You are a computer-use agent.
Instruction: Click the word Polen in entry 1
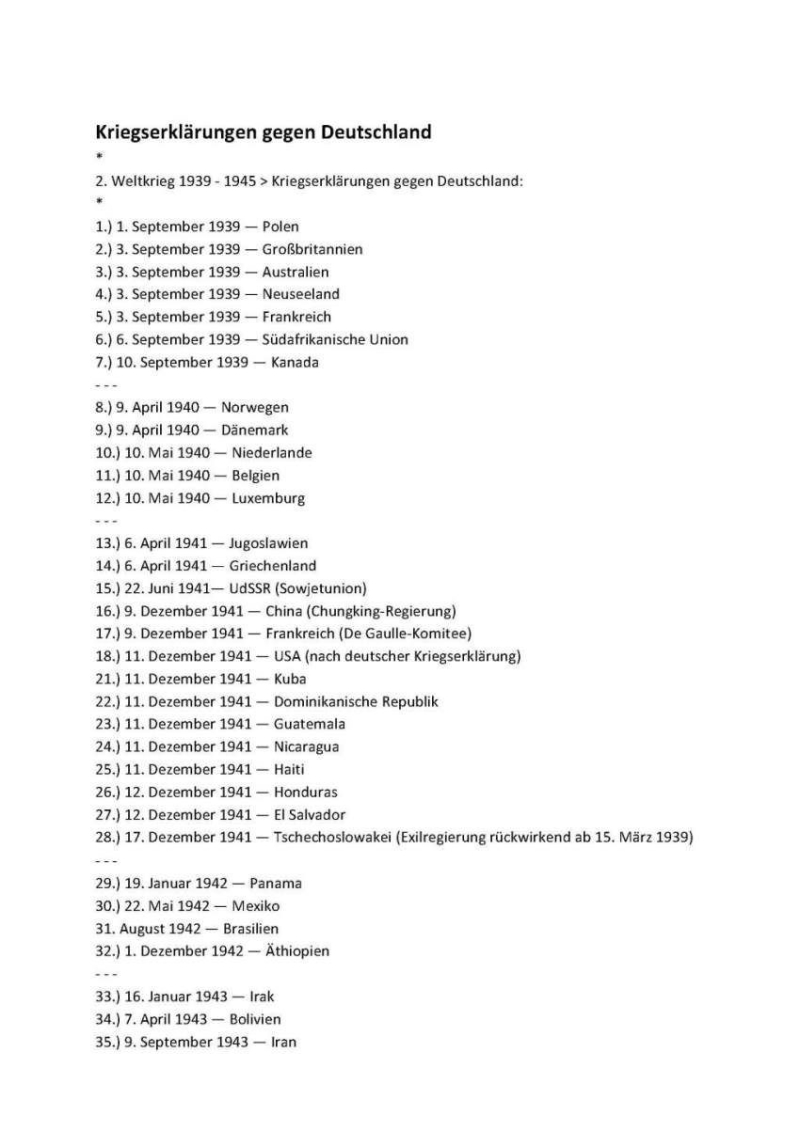(280, 226)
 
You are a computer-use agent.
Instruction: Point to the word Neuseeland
(301, 294)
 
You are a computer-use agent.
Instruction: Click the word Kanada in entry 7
(295, 362)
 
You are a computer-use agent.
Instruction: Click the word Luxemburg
(268, 498)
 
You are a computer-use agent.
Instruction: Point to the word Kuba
(290, 679)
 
